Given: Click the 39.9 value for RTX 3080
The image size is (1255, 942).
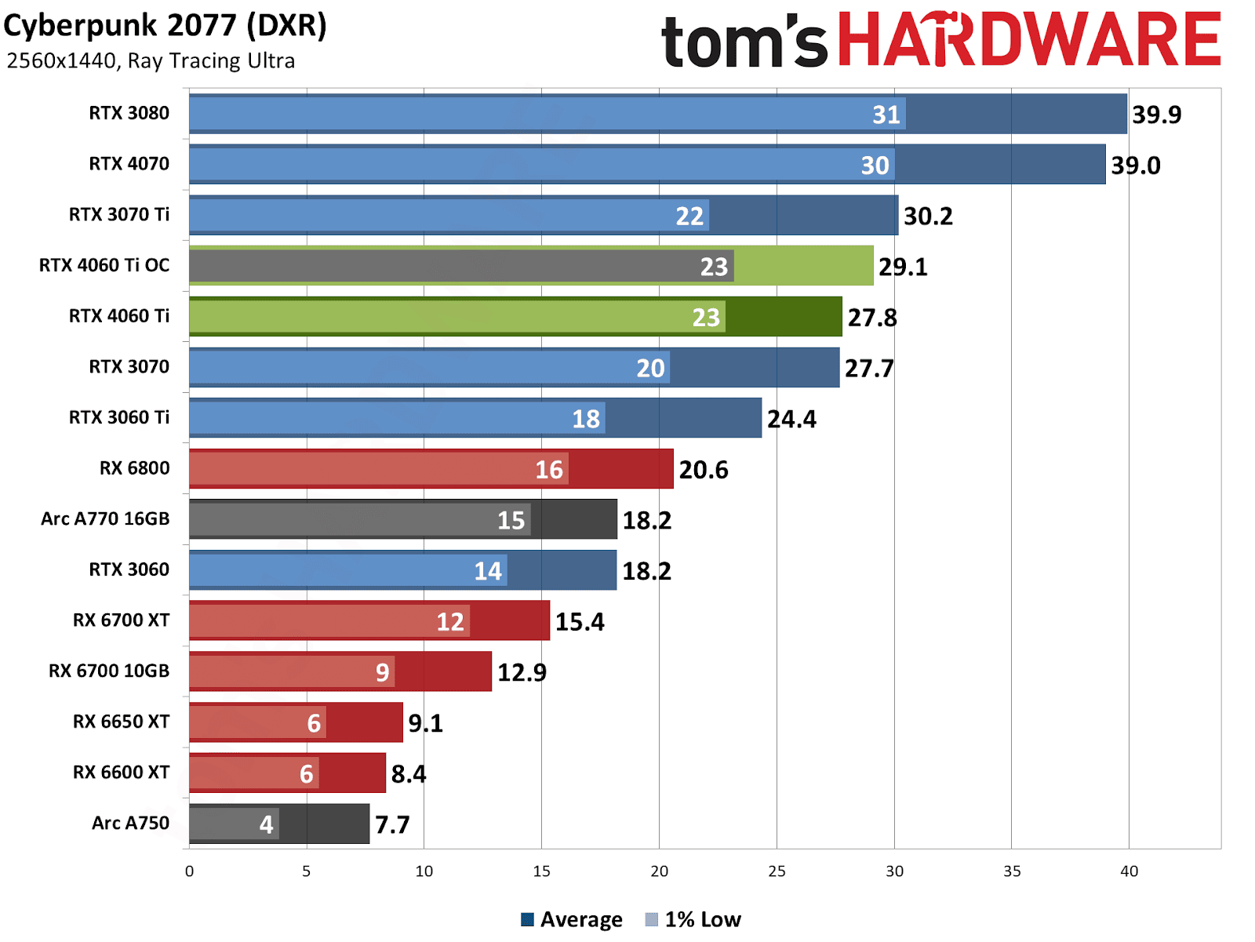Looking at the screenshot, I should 1156,115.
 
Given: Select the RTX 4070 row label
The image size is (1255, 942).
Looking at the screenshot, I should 129,164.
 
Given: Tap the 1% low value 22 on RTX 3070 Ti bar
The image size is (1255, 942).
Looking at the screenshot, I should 689,216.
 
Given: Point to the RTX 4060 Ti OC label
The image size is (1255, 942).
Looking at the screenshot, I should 104,265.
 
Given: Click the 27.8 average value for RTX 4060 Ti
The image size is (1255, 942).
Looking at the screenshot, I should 871,318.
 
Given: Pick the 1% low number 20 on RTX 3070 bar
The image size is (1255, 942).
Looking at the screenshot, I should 650,368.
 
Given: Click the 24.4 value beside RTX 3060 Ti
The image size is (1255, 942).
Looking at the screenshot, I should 791,419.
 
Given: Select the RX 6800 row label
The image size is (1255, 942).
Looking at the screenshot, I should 134,468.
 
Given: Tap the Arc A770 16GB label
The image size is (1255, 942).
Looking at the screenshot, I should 105,519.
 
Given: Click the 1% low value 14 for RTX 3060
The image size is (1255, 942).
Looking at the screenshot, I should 487,571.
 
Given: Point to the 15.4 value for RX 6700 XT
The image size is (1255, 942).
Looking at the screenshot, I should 580,622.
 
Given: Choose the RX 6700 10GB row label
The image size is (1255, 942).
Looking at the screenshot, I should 109,671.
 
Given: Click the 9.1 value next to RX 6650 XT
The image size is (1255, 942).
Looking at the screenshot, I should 425,723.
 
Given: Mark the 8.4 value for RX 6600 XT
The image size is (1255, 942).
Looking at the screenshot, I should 408,774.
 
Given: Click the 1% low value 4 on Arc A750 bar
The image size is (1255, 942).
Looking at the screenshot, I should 267,824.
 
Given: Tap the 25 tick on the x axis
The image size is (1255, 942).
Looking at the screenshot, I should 777,871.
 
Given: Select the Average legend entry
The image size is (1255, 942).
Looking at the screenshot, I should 572,919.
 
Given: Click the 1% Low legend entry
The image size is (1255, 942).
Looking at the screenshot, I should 693,919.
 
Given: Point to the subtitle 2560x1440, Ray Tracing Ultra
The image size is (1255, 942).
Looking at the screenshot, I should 151,61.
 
